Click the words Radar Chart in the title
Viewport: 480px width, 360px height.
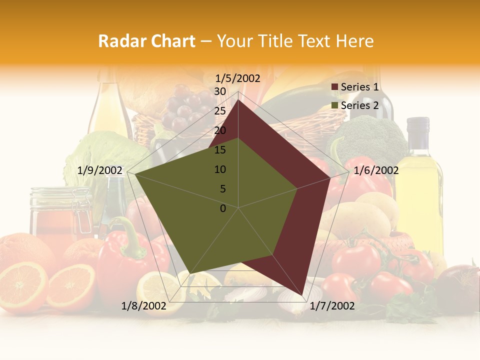[x=146, y=41]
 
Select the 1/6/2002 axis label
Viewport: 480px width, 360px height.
[x=376, y=170]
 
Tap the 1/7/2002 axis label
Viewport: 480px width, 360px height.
[x=332, y=306]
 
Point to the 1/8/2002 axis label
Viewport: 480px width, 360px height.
[x=144, y=306]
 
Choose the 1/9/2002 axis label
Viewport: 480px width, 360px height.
[x=100, y=170]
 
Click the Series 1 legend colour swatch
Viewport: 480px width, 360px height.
[x=335, y=87]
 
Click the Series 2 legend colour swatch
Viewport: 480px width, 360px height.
[x=335, y=105]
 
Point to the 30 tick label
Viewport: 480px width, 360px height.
[x=220, y=91]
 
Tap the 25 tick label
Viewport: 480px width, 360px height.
[x=220, y=111]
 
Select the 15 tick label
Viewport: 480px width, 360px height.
[x=220, y=150]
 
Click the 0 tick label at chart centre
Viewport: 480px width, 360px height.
[x=223, y=208]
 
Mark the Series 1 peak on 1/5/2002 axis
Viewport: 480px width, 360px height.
[x=238, y=100]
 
